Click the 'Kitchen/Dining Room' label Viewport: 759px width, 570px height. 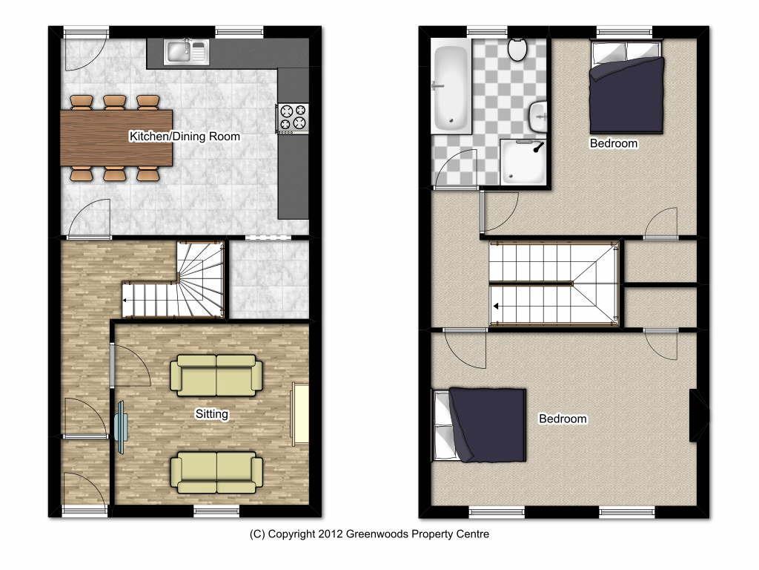pos(185,137)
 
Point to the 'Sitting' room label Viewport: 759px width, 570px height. pos(211,414)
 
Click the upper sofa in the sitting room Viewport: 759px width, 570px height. pos(216,375)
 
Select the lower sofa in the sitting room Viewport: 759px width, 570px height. pos(216,472)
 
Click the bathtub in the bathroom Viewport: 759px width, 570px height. pos(451,88)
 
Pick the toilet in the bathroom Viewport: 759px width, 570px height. pos(517,49)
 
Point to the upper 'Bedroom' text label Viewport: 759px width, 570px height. pos(613,143)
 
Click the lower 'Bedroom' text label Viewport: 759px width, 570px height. pos(563,419)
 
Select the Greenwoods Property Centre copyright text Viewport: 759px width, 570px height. pos(369,534)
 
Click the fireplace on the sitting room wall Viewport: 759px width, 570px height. pos(301,413)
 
